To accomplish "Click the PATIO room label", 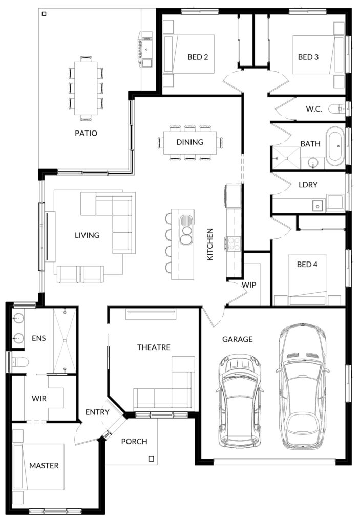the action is tap(86, 133).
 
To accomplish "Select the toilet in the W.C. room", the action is tap(336, 108).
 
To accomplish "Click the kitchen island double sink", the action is tap(186, 230).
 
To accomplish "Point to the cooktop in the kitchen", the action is tap(233, 244).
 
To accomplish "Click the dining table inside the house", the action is tap(189, 142).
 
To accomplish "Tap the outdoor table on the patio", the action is tap(86, 88).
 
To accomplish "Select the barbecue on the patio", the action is tap(145, 50).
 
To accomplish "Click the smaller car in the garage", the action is tap(240, 401).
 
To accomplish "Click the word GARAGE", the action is tap(237, 340).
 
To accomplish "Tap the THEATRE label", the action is tap(154, 347).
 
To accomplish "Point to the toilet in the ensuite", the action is tap(19, 362).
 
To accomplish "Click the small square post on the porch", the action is tap(151, 459).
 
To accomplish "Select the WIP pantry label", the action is tap(249, 285).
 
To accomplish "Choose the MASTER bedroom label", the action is tap(44, 466).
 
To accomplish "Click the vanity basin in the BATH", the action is tap(313, 163).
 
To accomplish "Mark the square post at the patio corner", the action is tap(44, 14).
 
